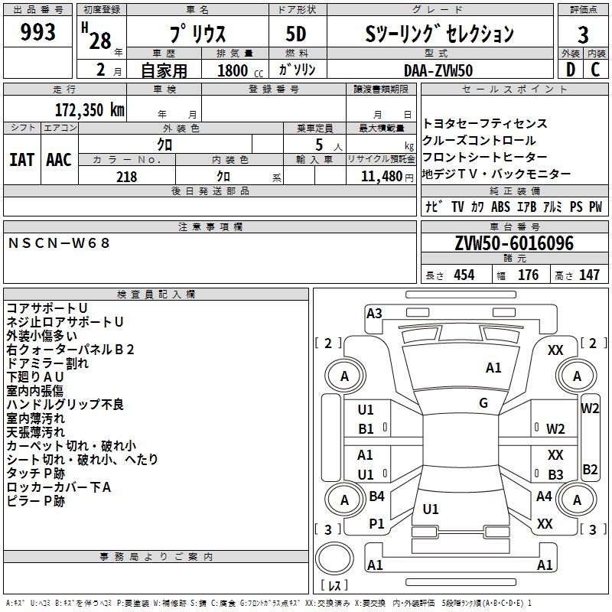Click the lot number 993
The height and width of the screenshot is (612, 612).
[37, 32]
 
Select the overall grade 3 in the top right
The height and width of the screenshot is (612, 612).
[583, 35]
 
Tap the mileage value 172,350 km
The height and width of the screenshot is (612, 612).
[90, 110]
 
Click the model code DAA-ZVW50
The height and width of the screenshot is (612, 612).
[438, 70]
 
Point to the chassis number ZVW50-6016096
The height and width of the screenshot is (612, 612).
[514, 243]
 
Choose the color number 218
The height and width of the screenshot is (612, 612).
[126, 177]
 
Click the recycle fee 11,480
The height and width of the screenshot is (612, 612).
[381, 177]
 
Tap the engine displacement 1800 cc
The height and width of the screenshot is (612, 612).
[240, 70]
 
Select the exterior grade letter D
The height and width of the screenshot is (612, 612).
[570, 70]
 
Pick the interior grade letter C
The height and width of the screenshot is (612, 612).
[595, 70]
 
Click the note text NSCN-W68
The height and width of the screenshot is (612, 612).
[59, 243]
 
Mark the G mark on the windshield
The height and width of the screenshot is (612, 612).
[483, 403]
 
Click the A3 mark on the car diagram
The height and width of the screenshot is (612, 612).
[374, 314]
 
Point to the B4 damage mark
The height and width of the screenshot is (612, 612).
[376, 496]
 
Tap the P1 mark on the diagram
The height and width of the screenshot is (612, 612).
[376, 524]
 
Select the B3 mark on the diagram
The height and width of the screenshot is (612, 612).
[555, 474]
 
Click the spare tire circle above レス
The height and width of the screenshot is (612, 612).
[334, 558]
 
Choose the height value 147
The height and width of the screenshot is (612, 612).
[589, 275]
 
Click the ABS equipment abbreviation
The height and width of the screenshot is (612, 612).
[500, 207]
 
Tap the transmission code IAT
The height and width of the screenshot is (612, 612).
[21, 160]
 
